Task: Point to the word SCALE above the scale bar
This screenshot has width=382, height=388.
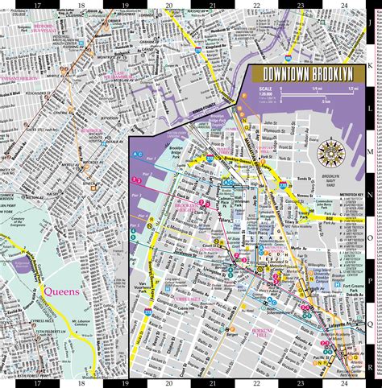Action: pos(266,89)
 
